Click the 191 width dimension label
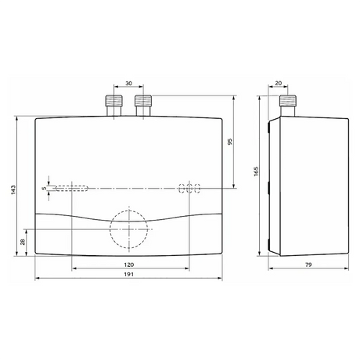point(128,274)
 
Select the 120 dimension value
point(128,265)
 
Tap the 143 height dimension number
point(13,189)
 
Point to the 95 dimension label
point(230,142)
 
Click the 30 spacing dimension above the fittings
point(128,84)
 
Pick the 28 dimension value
point(23,242)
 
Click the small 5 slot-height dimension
point(45,188)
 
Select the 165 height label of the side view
point(256,171)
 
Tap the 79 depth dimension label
point(308,265)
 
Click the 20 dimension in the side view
point(279,83)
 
